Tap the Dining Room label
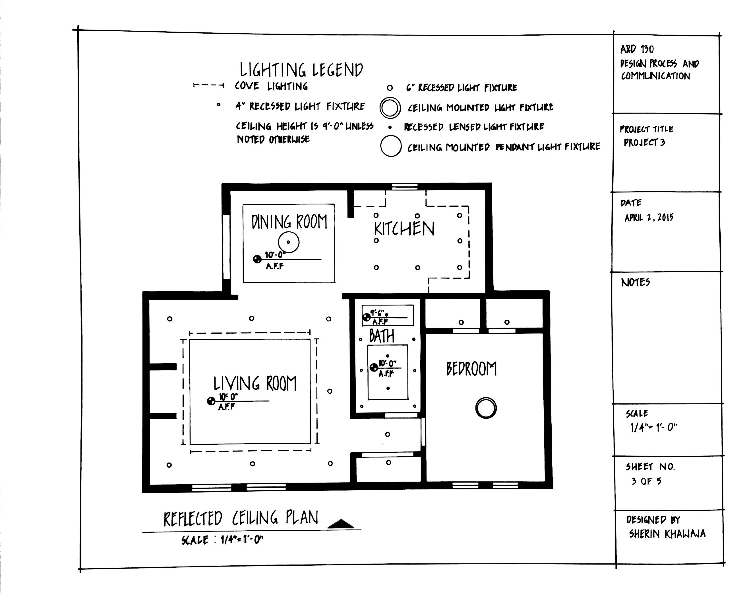click(289, 222)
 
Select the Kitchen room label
click(404, 229)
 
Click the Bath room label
click(382, 336)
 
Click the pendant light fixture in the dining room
click(289, 242)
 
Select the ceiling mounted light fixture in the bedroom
click(486, 408)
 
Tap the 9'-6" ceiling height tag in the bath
click(378, 313)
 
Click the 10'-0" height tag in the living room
click(228, 397)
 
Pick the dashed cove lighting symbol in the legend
click(208, 85)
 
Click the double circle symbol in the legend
click(390, 108)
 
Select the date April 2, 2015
click(649, 218)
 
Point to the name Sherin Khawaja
click(667, 534)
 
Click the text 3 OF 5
click(646, 481)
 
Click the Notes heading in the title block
click(636, 282)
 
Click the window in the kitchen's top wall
click(404, 187)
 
